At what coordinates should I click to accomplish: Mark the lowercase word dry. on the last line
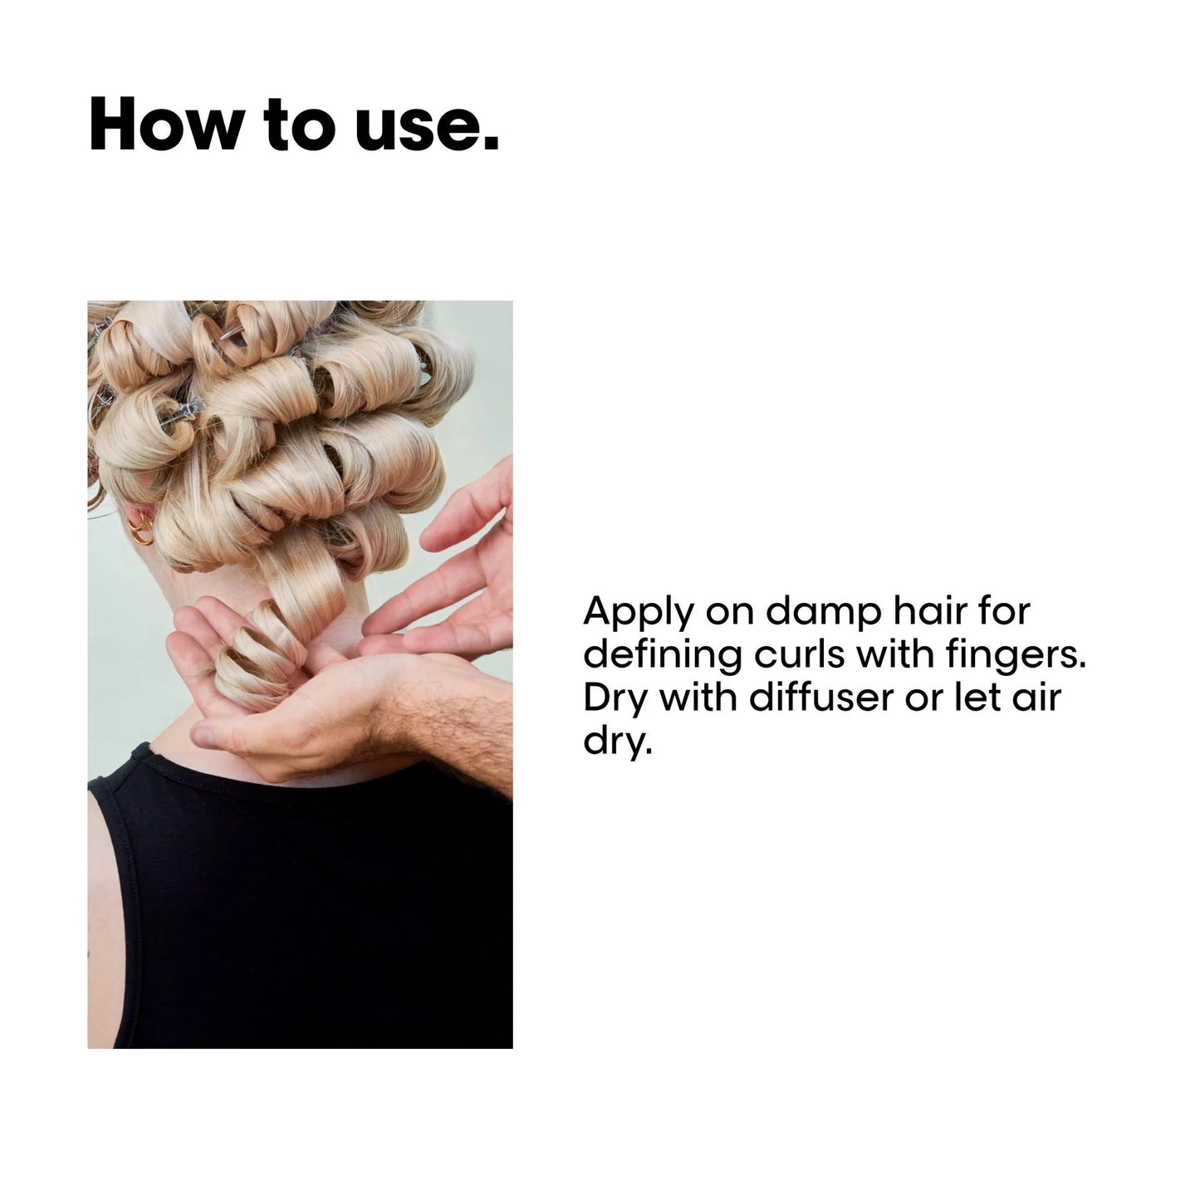(614, 741)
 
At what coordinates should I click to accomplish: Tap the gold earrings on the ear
(142, 527)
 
